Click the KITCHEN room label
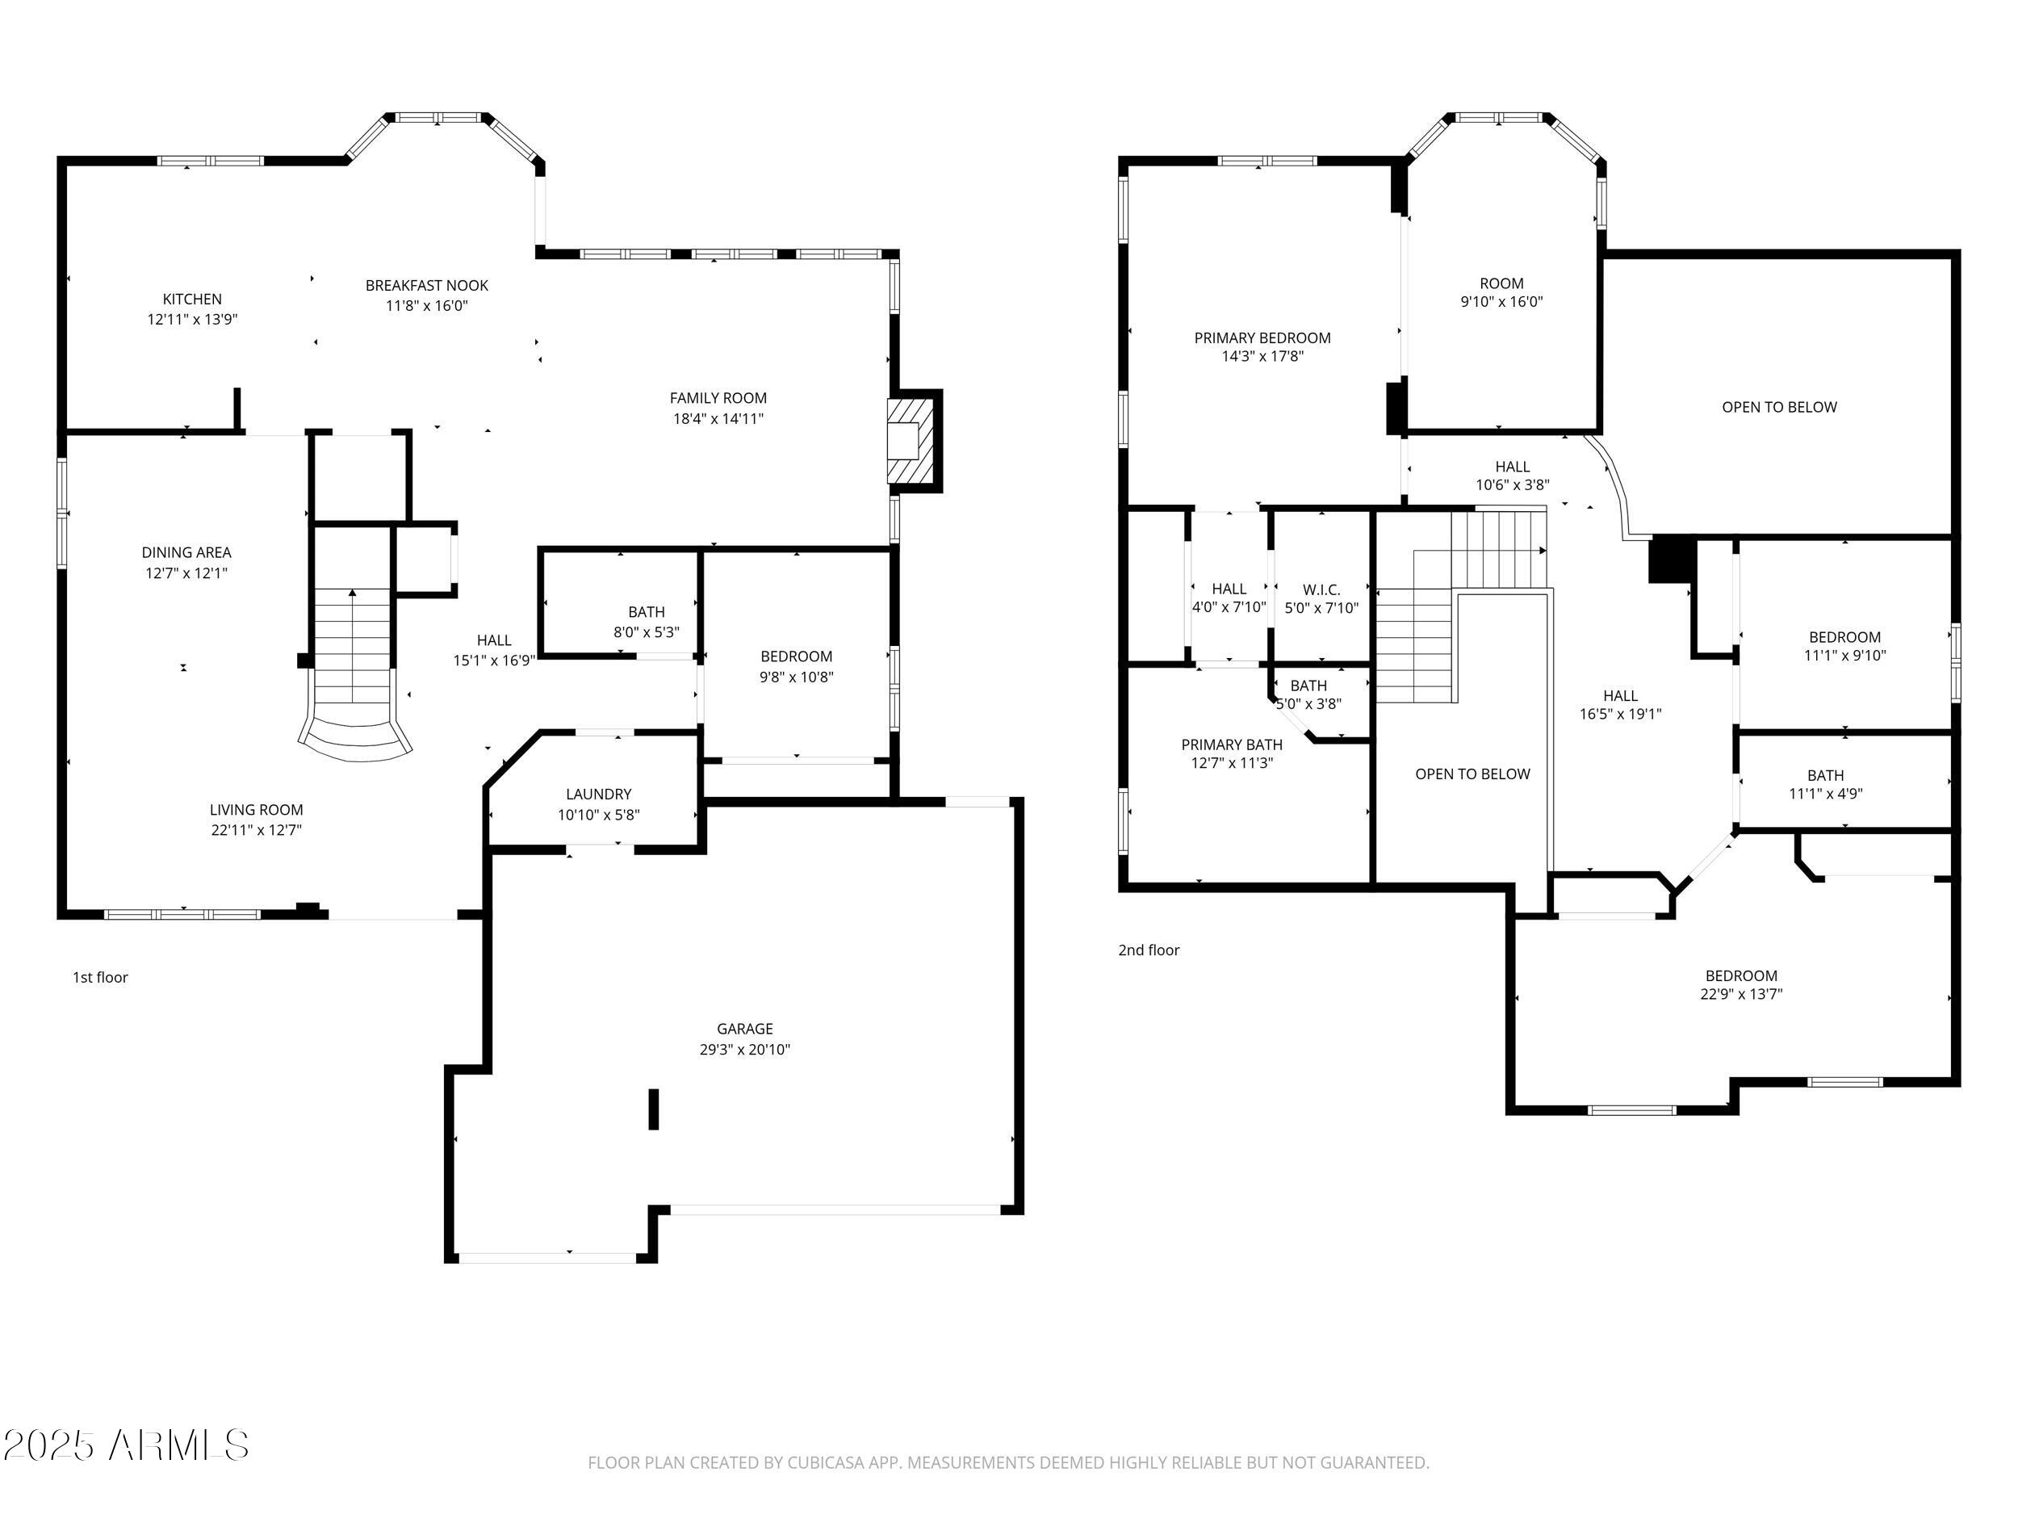(191, 300)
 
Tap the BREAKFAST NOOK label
(427, 286)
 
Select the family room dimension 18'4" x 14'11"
(718, 419)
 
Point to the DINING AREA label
(186, 552)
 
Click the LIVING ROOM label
(257, 809)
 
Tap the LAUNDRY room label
(598, 794)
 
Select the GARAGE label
(744, 1029)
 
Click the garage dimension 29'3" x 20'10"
(744, 1050)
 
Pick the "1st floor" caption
(100, 977)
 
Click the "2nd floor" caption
(1149, 950)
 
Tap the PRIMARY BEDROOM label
(1262, 338)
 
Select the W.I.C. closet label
(1321, 589)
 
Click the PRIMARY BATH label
(1232, 744)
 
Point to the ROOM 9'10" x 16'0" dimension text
(1501, 302)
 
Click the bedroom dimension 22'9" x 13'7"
(1740, 995)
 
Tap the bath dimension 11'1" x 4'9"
(1826, 794)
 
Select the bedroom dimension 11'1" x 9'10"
(1844, 655)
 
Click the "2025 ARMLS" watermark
(126, 1445)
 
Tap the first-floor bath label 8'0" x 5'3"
(646, 632)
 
